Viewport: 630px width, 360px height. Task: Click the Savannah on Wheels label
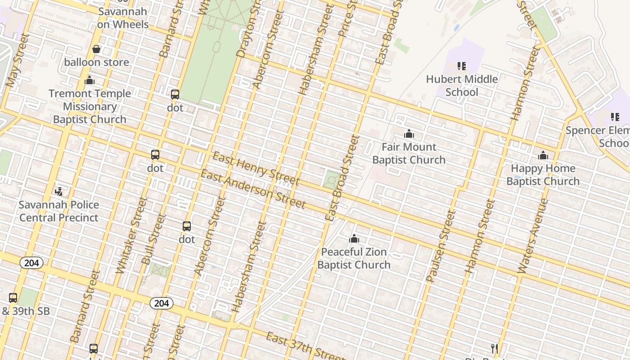pyautogui.click(x=122, y=18)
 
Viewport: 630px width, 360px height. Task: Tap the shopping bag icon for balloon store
pyautogui.click(x=96, y=49)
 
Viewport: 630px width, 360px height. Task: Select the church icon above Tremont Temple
pyautogui.click(x=90, y=81)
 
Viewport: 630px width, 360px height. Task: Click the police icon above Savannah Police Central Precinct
pyautogui.click(x=58, y=192)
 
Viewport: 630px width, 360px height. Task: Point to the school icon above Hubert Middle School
pyautogui.click(x=462, y=66)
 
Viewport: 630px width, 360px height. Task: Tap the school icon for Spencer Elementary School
pyautogui.click(x=615, y=117)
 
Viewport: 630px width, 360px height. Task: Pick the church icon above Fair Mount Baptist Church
pyautogui.click(x=409, y=134)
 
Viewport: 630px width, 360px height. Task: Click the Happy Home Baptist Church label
pyautogui.click(x=543, y=175)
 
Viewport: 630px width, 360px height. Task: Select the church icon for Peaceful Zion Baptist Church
pyautogui.click(x=354, y=238)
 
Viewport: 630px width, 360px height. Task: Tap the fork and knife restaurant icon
pyautogui.click(x=494, y=348)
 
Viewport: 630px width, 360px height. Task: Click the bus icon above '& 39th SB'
pyautogui.click(x=13, y=297)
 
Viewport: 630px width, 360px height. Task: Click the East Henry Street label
pyautogui.click(x=256, y=169)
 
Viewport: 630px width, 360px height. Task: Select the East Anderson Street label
pyautogui.click(x=253, y=189)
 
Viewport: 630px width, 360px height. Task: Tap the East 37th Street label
pyautogui.click(x=306, y=346)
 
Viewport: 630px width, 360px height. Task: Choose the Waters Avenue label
pyautogui.click(x=532, y=236)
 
